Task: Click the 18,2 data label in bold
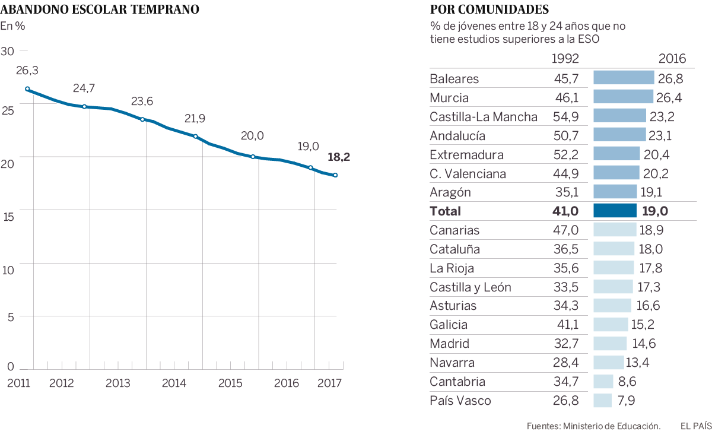pyautogui.click(x=339, y=157)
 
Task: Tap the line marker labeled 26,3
pyautogui.click(x=27, y=89)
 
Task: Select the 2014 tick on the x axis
pyautogui.click(x=174, y=383)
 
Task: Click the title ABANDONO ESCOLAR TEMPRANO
pyautogui.click(x=100, y=9)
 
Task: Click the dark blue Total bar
pyautogui.click(x=615, y=211)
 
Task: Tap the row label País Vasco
pyautogui.click(x=460, y=401)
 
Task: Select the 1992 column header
pyautogui.click(x=565, y=59)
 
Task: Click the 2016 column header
pyautogui.click(x=672, y=59)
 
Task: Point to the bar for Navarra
pyautogui.click(x=609, y=363)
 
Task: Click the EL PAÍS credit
pyautogui.click(x=695, y=426)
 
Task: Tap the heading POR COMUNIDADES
pyautogui.click(x=490, y=9)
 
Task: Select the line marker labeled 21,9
pyautogui.click(x=195, y=137)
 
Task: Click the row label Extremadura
pyautogui.click(x=466, y=155)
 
